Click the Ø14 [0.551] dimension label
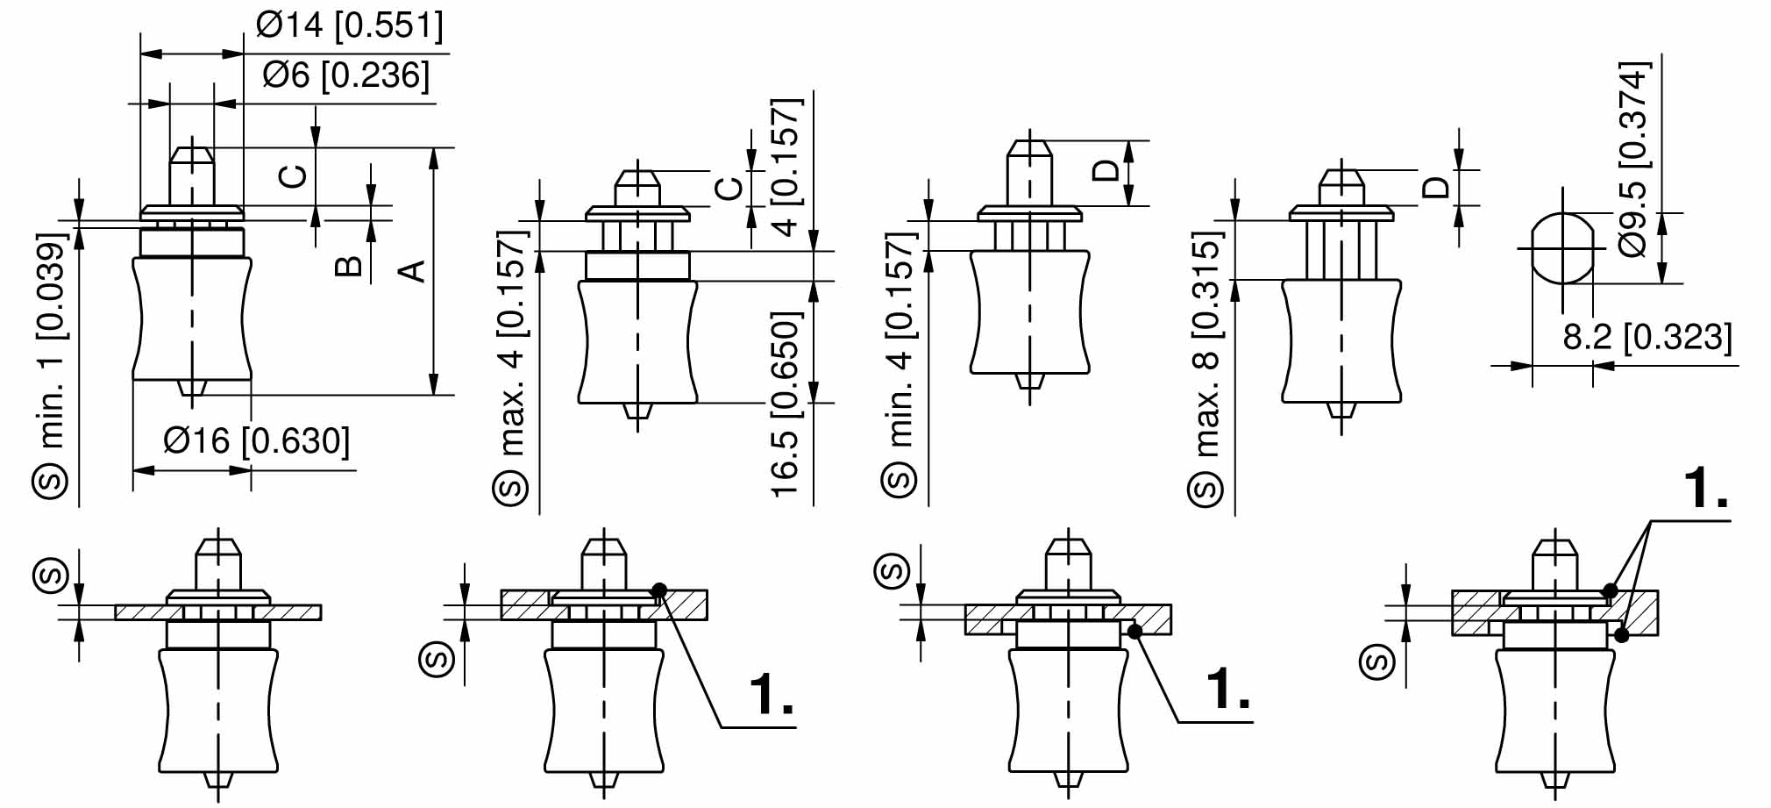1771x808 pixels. (x=349, y=25)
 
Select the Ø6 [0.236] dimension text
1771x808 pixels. (x=346, y=75)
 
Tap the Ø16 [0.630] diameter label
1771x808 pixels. (x=256, y=440)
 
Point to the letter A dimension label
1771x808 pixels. (x=412, y=271)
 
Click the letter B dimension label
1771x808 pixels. (x=349, y=266)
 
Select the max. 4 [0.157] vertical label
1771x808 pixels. (x=513, y=343)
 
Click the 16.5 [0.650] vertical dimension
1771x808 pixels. (x=786, y=404)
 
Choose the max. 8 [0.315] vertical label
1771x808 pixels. (x=1207, y=344)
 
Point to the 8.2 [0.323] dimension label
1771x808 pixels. (x=1647, y=337)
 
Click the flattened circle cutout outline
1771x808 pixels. (x=1562, y=248)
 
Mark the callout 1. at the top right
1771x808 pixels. (x=1705, y=489)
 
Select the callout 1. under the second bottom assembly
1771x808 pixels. (x=772, y=694)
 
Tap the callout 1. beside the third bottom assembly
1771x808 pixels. (x=1228, y=688)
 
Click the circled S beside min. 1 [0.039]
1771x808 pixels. (x=51, y=482)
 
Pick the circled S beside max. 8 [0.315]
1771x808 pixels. (x=1206, y=489)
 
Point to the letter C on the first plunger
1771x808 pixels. (x=293, y=176)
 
